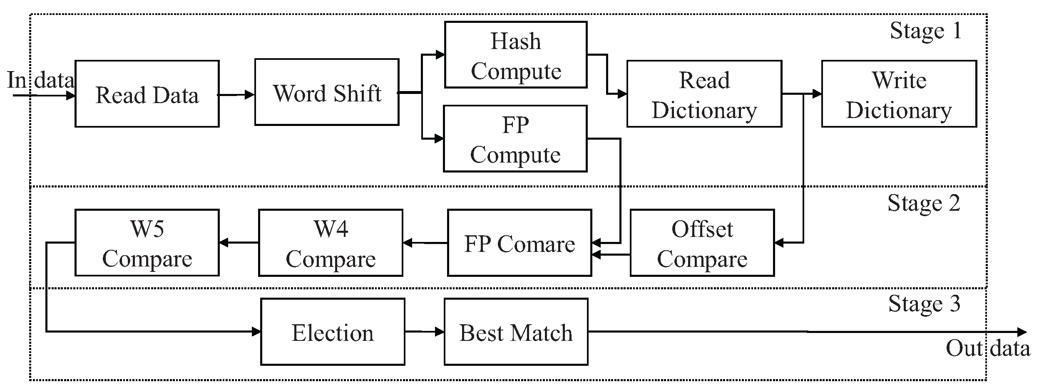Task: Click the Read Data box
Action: tap(147, 94)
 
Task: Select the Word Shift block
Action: tap(327, 92)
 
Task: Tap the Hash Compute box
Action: tap(516, 55)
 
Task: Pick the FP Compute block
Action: tap(515, 139)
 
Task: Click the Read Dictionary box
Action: tap(704, 94)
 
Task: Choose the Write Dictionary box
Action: tap(899, 94)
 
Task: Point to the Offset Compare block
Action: tap(702, 243)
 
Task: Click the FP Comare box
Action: tap(519, 243)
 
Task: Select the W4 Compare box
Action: tap(331, 243)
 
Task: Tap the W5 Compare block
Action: tap(147, 243)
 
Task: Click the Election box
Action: tap(333, 332)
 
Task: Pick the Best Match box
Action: tap(516, 332)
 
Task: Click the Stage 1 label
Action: tap(926, 31)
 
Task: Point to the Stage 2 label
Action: tap(924, 203)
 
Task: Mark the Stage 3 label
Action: tap(924, 304)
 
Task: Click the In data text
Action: tap(40, 80)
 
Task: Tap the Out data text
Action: tap(988, 348)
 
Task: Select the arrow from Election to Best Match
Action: tap(424, 332)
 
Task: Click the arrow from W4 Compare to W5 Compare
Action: tap(239, 243)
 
